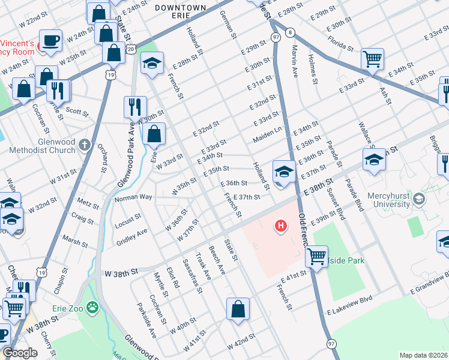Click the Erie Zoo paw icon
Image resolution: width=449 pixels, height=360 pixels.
(92, 308)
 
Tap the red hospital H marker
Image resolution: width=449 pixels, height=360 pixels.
(280, 226)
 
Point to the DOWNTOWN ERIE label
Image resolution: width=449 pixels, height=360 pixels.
(180, 8)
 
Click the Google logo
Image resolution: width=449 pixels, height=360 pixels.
(20, 353)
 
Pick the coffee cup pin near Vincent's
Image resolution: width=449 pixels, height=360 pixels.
(50, 40)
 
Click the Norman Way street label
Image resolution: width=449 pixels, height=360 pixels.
(133, 197)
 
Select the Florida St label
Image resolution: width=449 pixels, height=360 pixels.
(342, 44)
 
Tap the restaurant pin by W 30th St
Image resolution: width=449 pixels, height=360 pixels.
(134, 107)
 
